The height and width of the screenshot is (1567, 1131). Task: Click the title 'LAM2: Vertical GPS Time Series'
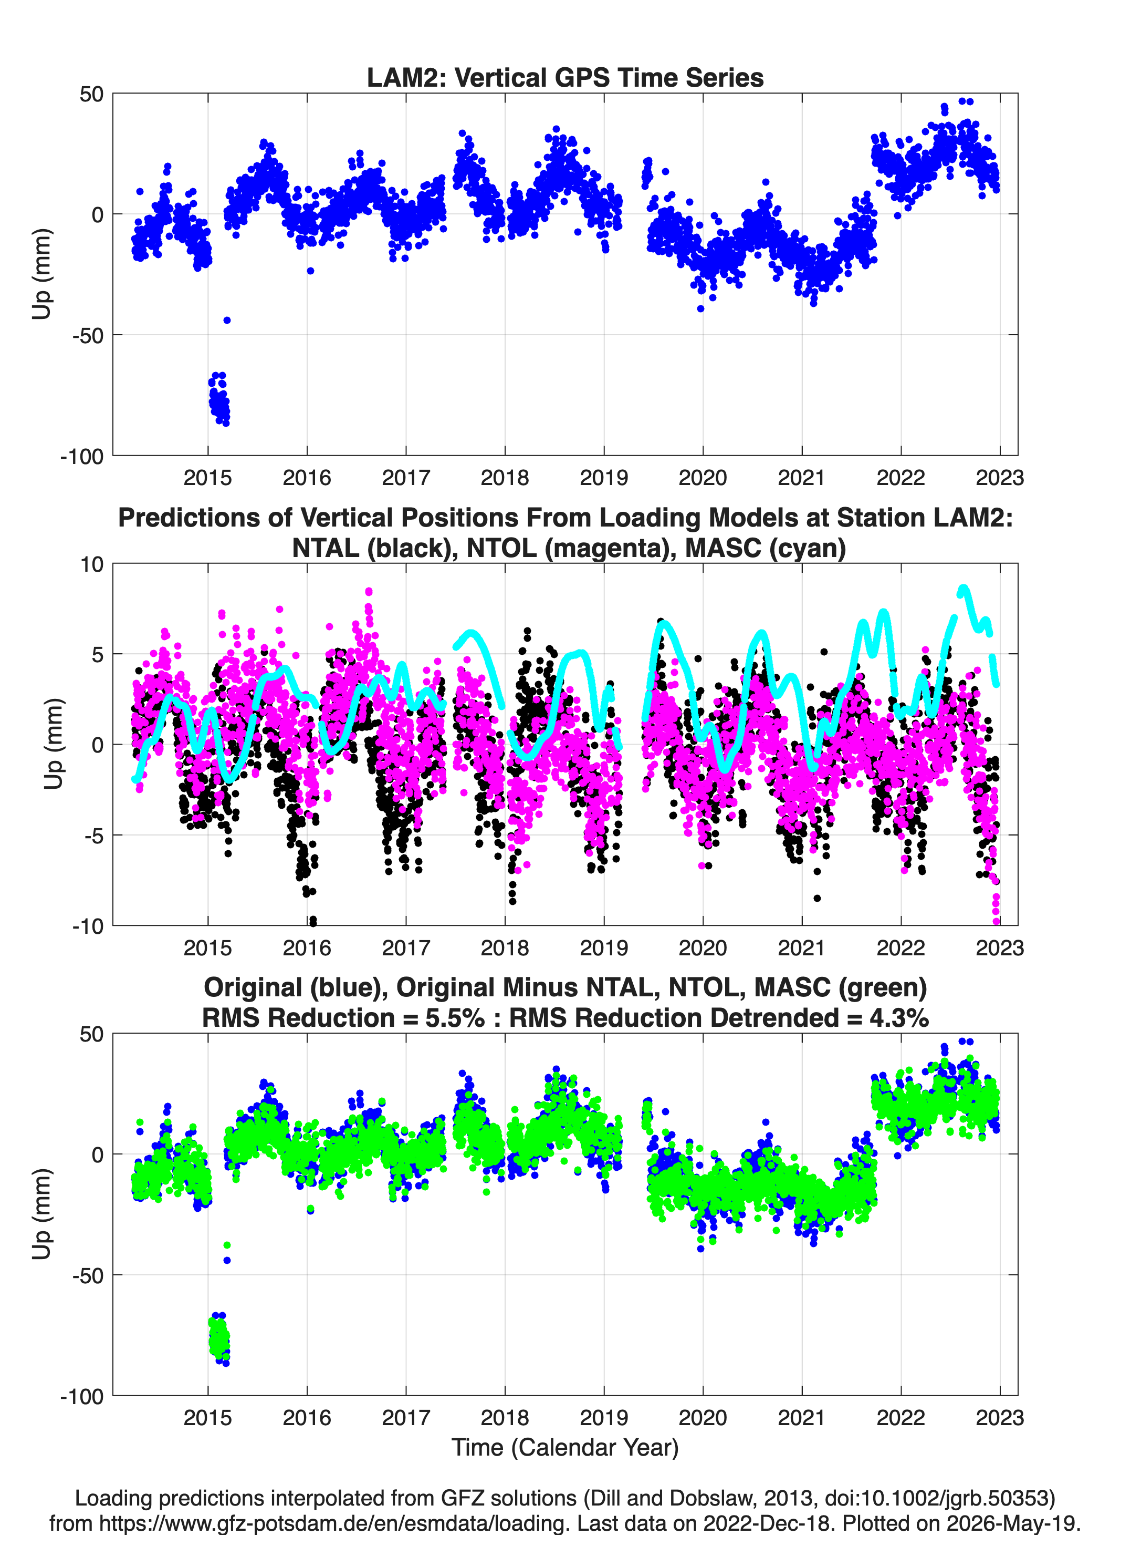565,77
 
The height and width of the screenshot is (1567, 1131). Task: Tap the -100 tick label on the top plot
81,457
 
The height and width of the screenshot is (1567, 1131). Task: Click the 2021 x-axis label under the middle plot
802,948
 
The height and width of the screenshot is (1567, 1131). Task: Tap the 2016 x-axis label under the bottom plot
307,1418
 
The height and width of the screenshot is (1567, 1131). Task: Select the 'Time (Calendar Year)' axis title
565,1448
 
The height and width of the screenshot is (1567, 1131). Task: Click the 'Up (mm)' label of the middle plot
53,744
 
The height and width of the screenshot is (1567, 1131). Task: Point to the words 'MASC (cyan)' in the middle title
765,548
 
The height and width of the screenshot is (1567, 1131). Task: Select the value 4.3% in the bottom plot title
899,1018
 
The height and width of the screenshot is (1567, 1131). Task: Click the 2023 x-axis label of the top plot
999,478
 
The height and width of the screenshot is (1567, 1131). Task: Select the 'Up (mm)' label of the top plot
41,274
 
